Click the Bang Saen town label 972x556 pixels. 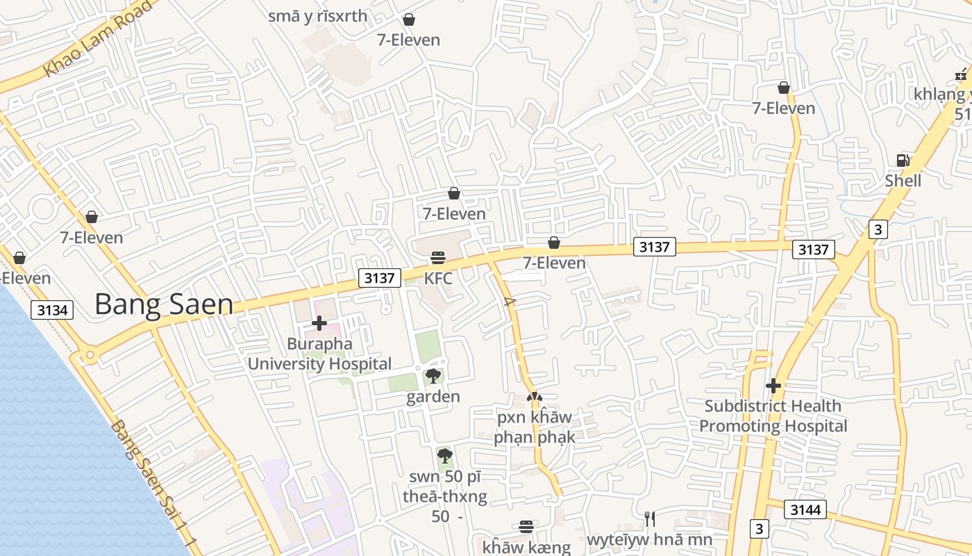164,304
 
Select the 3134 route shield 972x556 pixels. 52,309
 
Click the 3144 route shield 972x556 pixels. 805,510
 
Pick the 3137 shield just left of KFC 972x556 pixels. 380,278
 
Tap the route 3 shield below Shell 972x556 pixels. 878,229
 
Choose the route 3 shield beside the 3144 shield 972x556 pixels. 759,528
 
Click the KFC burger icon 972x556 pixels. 437,258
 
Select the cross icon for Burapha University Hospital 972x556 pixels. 319,323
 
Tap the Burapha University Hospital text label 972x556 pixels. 319,354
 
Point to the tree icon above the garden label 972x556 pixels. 433,376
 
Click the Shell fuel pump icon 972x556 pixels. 903,160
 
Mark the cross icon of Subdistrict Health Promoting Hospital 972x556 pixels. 773,385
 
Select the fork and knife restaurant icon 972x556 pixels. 649,518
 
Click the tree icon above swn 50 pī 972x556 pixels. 445,456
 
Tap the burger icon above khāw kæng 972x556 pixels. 526,527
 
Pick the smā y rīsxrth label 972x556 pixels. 318,16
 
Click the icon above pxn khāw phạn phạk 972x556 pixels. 534,397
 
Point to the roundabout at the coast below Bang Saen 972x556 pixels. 89,357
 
